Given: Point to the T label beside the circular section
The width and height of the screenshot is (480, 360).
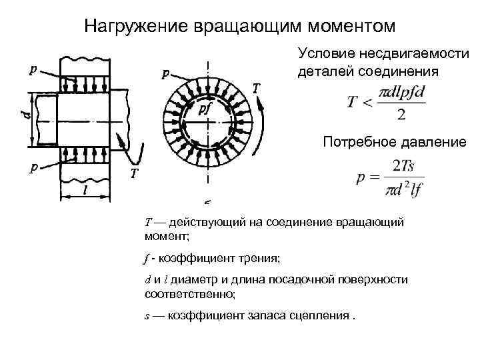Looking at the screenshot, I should pos(257,87).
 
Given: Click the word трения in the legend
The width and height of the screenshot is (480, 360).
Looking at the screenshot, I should pos(262,257).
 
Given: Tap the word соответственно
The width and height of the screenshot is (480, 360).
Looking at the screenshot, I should pos(190,292).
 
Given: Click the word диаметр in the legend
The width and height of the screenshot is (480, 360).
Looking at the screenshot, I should pos(192,280).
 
